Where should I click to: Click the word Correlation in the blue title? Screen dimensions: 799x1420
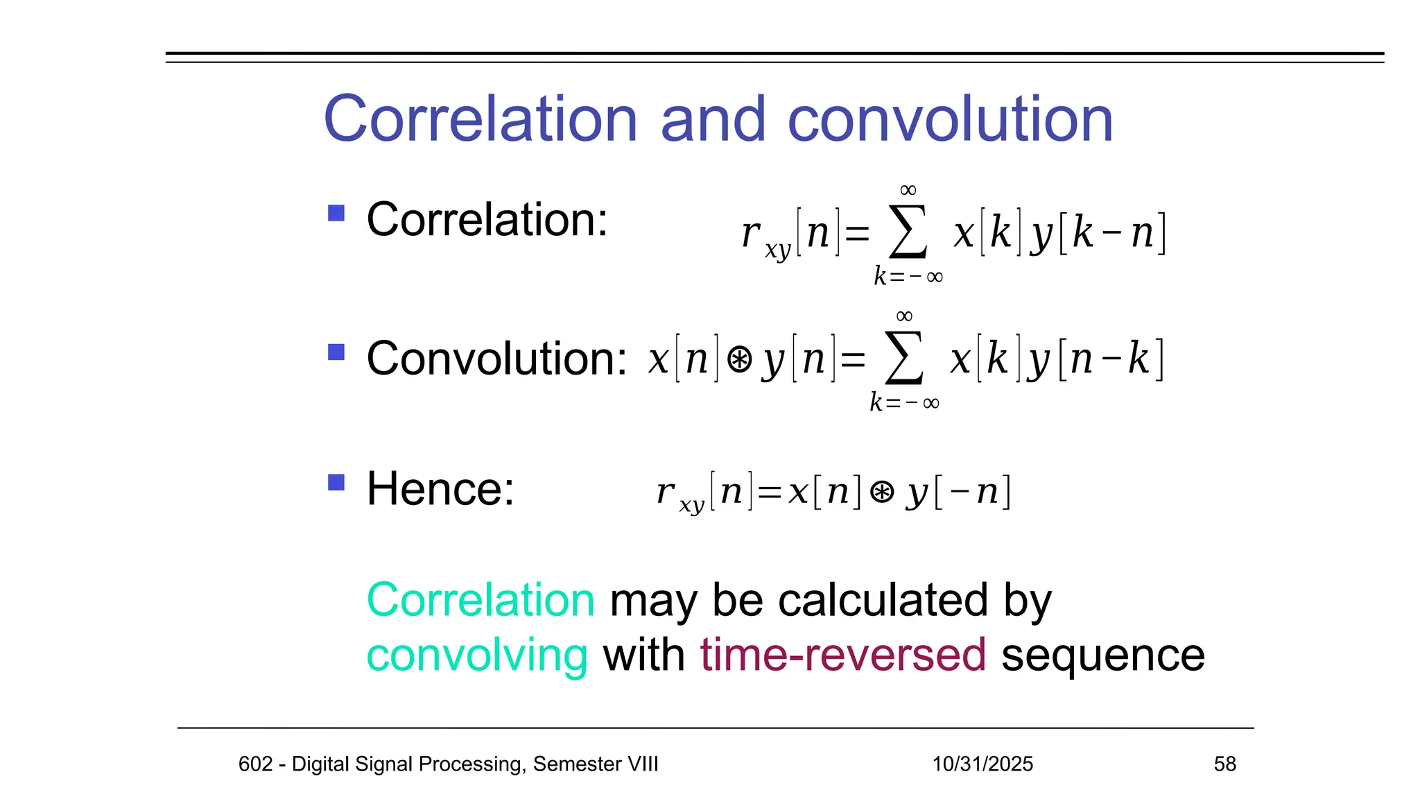pyautogui.click(x=480, y=119)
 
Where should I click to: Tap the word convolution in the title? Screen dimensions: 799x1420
pyautogui.click(x=950, y=119)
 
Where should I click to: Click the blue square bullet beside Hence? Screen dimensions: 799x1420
pyautogui.click(x=336, y=482)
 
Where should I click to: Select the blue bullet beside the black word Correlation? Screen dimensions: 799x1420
pyautogui.click(x=336, y=213)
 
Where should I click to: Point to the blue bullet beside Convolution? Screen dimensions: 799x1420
pyautogui.click(x=336, y=352)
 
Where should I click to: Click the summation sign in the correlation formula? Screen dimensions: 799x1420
pyautogui.click(x=908, y=232)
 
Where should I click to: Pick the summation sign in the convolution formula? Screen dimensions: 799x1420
pyautogui.click(x=904, y=359)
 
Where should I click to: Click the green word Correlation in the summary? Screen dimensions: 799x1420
pyautogui.click(x=480, y=600)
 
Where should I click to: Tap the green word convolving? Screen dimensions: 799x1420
pyautogui.click(x=477, y=655)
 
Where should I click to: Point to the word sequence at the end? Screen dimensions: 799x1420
pyautogui.click(x=1102, y=655)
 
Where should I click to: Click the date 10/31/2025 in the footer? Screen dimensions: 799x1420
pyautogui.click(x=982, y=764)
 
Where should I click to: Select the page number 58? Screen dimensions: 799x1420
pyautogui.click(x=1224, y=764)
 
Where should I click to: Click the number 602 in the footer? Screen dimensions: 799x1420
pyautogui.click(x=255, y=764)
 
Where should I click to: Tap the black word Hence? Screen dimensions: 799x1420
pyautogui.click(x=440, y=489)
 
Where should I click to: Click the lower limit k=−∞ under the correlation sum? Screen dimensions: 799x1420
pyautogui.click(x=908, y=277)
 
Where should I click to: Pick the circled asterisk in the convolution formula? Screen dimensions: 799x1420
pyautogui.click(x=739, y=360)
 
